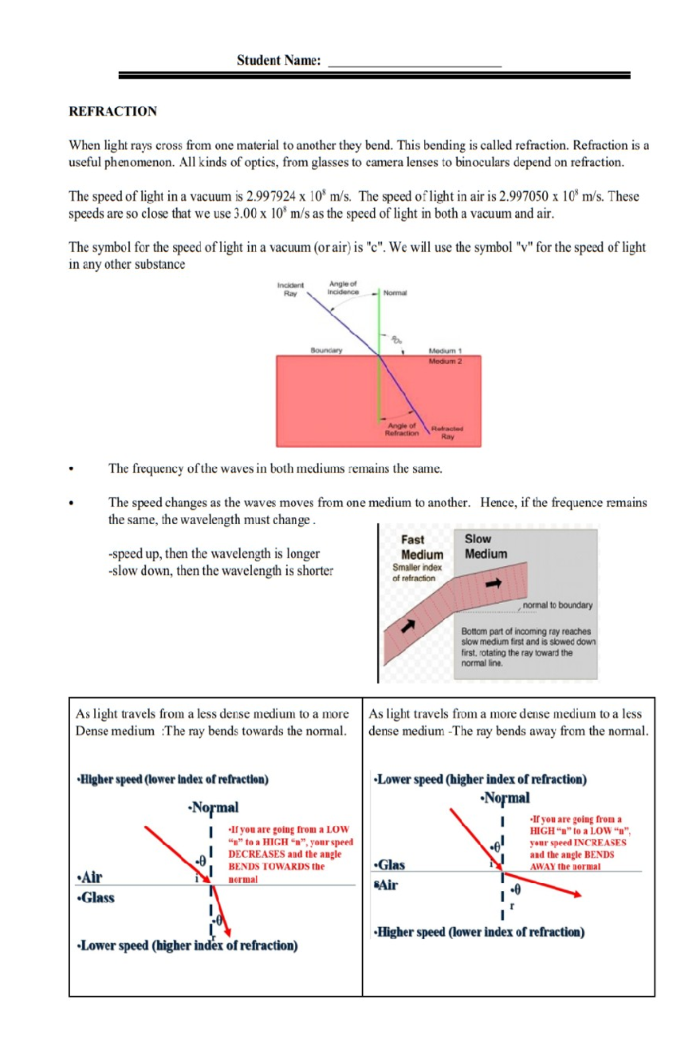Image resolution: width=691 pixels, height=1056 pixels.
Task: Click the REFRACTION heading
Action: [x=113, y=111]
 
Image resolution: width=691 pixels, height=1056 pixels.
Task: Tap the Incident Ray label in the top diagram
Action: [x=290, y=289]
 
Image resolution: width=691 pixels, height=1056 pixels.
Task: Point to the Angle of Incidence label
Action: [x=343, y=287]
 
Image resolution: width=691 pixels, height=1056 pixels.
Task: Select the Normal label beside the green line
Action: [x=395, y=293]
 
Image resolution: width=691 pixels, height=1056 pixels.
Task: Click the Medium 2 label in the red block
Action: [x=445, y=361]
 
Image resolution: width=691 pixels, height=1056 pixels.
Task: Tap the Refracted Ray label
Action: [x=447, y=432]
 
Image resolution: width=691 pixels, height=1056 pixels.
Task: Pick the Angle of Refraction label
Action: [x=401, y=429]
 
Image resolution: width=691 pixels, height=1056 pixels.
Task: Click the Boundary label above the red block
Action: [x=326, y=350]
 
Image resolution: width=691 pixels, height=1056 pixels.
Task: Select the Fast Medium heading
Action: [x=422, y=547]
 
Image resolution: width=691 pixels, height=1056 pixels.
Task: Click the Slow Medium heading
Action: [x=485, y=546]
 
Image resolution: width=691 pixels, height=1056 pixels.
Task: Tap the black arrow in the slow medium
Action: [x=493, y=584]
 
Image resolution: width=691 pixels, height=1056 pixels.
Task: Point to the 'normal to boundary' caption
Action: [x=557, y=605]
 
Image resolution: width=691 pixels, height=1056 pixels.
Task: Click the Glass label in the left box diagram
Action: [x=97, y=898]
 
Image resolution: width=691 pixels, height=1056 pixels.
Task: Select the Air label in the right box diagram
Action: [x=387, y=885]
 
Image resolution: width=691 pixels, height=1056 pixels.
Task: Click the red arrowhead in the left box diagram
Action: [x=227, y=932]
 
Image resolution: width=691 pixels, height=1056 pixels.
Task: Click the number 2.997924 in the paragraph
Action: [x=271, y=196]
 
